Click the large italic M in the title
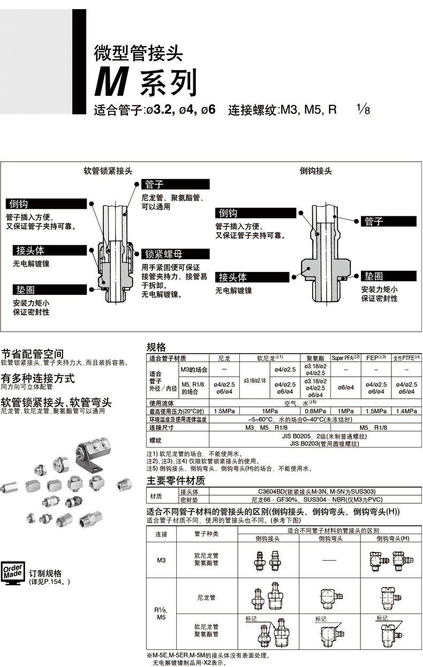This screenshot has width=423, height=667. [x=112, y=81]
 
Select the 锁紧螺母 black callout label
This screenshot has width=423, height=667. [x=176, y=254]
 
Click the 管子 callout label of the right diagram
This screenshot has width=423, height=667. [x=388, y=221]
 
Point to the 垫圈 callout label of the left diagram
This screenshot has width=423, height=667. [x=50, y=290]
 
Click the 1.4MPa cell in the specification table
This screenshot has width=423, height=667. [x=406, y=411]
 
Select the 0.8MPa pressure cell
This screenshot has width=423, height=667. [x=315, y=411]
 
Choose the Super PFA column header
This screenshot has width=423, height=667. [x=345, y=358]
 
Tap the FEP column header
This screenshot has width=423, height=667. [x=376, y=358]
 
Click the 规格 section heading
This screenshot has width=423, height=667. [x=156, y=347]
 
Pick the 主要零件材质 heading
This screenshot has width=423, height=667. [x=176, y=481]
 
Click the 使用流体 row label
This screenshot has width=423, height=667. [x=162, y=403]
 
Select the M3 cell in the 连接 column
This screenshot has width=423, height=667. [x=161, y=560]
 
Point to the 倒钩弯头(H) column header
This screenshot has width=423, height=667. [x=392, y=538]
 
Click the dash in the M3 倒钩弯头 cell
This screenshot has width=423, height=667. [x=329, y=560]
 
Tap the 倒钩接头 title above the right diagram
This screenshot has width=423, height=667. [x=316, y=171]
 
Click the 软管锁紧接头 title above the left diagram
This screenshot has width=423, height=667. [x=108, y=171]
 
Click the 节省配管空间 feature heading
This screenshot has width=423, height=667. [x=33, y=354]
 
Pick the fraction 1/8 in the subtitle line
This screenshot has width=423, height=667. [x=364, y=110]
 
